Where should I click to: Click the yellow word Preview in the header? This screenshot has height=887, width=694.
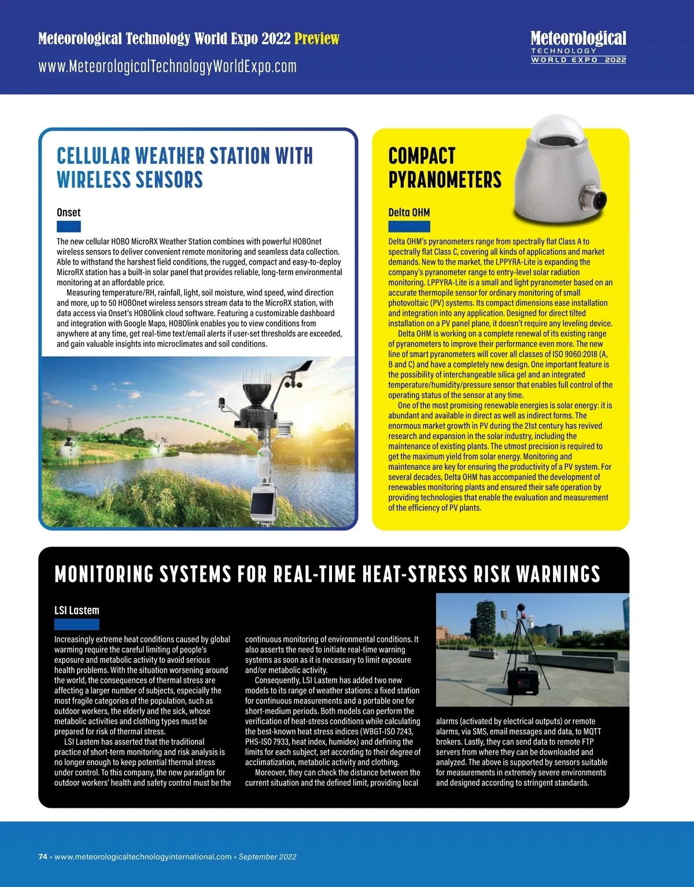(316, 39)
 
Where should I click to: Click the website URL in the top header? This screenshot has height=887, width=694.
(167, 66)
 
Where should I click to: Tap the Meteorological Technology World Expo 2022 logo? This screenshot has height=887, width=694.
(578, 47)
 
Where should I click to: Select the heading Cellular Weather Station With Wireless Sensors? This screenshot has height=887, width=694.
(184, 168)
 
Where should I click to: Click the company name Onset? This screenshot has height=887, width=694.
(68, 212)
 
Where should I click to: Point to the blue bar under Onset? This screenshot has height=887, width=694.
(68, 227)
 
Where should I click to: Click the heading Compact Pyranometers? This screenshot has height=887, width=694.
(444, 168)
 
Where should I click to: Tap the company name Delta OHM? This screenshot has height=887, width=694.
(409, 212)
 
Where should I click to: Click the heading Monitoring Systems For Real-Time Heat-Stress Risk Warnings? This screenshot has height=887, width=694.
(327, 574)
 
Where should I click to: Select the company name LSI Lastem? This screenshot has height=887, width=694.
(76, 610)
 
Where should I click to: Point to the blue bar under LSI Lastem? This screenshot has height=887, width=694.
(76, 624)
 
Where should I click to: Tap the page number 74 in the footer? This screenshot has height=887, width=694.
(43, 857)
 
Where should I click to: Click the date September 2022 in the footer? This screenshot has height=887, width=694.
(267, 857)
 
